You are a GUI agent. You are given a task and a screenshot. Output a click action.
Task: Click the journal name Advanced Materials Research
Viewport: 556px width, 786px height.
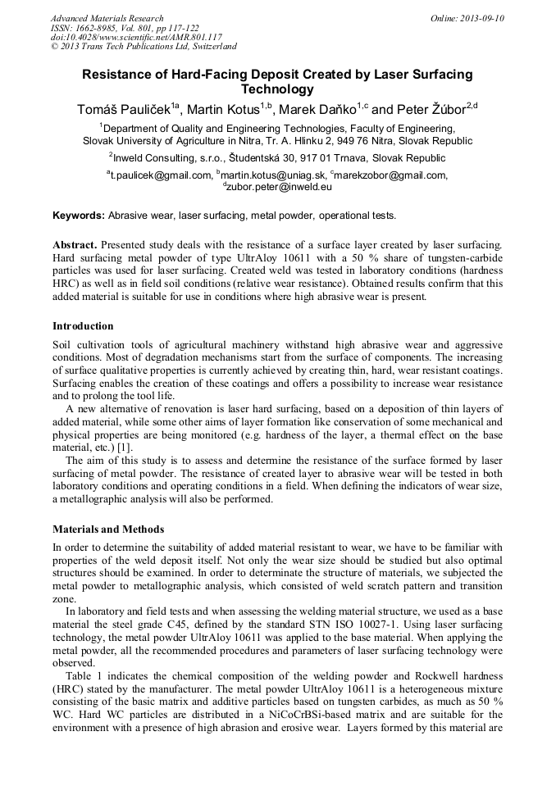pos(107,18)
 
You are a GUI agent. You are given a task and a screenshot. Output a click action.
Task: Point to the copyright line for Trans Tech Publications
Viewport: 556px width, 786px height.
pos(144,47)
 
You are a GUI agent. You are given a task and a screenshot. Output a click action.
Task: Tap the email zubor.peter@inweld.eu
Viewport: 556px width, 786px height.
pos(279,187)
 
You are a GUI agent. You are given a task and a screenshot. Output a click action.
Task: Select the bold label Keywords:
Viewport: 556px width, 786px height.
pos(79,216)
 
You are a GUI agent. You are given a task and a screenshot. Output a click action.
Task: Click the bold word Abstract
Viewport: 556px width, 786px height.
pos(75,245)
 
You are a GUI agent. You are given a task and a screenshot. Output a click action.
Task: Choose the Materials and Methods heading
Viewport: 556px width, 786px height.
pos(108,529)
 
